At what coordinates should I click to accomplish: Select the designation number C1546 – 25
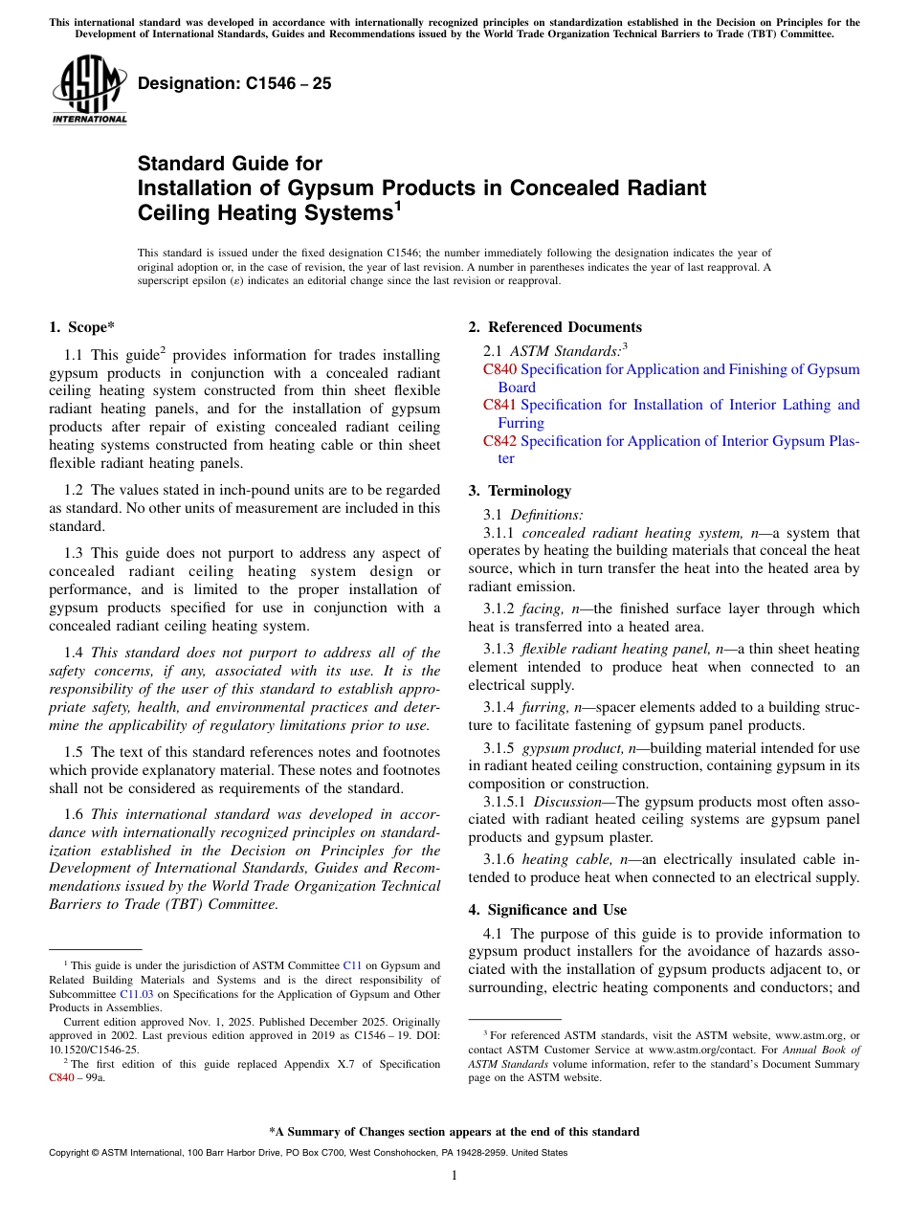click(x=234, y=83)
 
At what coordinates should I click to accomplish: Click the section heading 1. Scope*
click(x=81, y=327)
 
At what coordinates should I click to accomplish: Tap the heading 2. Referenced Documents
click(x=555, y=327)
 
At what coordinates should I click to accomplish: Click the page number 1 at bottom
click(x=454, y=1176)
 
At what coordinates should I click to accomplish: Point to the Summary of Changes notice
click(x=454, y=1132)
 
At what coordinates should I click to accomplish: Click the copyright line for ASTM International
click(x=307, y=1153)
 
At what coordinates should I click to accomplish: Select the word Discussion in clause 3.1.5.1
click(x=566, y=802)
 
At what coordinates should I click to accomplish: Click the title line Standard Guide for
click(x=230, y=164)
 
